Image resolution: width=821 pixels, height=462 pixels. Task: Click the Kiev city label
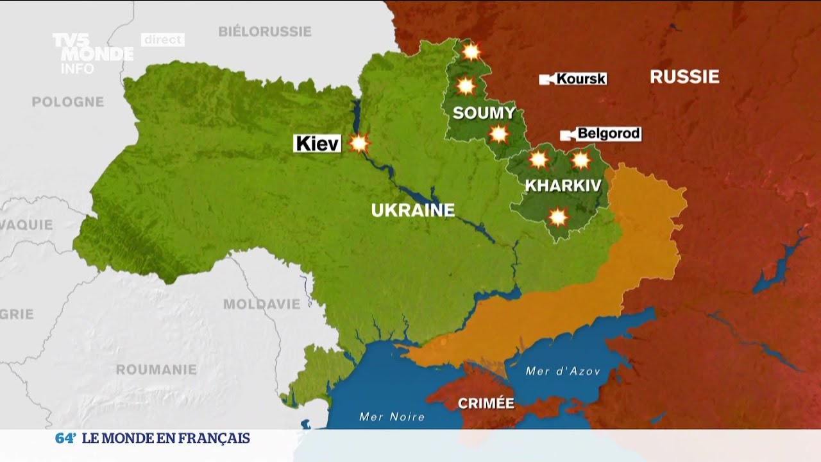tap(317, 143)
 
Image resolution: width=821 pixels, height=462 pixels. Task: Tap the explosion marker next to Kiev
tap(359, 143)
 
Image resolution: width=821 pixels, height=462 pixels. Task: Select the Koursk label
tap(580, 79)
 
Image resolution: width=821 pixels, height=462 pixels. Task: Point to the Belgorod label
tap(608, 134)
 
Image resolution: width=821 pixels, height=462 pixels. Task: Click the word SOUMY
tap(484, 114)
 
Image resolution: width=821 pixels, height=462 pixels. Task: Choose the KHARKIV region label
tap(563, 186)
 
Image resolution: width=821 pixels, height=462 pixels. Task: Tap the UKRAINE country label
tap(413, 210)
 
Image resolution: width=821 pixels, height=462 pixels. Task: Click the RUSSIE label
tap(684, 77)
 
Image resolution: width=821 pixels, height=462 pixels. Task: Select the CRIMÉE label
tap(486, 404)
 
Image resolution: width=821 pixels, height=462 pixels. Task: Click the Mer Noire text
tap(392, 417)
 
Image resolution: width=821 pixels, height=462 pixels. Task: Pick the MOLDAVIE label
tap(262, 304)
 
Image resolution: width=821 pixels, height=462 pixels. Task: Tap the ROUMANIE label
tap(156, 370)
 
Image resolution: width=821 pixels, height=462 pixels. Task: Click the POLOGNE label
tap(67, 102)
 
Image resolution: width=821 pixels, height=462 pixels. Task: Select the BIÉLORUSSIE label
tap(265, 31)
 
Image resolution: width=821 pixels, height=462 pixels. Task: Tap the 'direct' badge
tap(163, 40)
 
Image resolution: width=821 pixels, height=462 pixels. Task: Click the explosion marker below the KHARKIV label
tap(559, 218)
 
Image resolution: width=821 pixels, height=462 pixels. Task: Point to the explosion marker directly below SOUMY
tap(498, 134)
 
